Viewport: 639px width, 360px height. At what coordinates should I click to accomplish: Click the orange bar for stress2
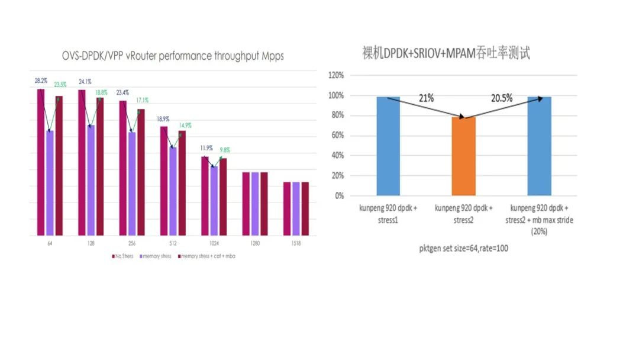tap(463, 156)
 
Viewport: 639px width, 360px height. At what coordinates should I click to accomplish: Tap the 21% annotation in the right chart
tap(427, 98)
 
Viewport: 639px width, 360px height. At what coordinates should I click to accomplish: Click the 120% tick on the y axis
tap(336, 76)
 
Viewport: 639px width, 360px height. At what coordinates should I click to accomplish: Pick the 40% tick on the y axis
tap(337, 156)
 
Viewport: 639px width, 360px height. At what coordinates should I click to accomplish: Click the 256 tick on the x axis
tap(131, 243)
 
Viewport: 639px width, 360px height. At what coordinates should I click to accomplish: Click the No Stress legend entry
tap(124, 256)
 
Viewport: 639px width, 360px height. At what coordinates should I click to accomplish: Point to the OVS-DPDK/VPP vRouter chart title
tap(173, 56)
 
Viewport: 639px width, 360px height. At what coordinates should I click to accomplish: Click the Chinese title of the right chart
tap(446, 53)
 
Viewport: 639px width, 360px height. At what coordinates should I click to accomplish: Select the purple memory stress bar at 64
tap(50, 183)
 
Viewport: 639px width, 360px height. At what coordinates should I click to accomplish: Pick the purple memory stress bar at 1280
tap(255, 204)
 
